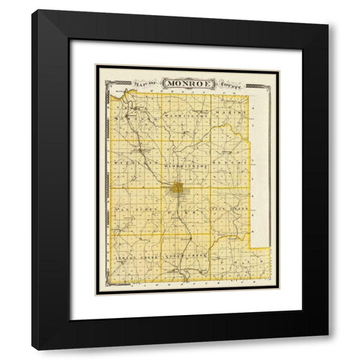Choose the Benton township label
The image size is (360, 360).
(x=229, y=160)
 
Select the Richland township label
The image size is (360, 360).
(x=131, y=160)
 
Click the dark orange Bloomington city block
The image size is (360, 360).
(x=178, y=187)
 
